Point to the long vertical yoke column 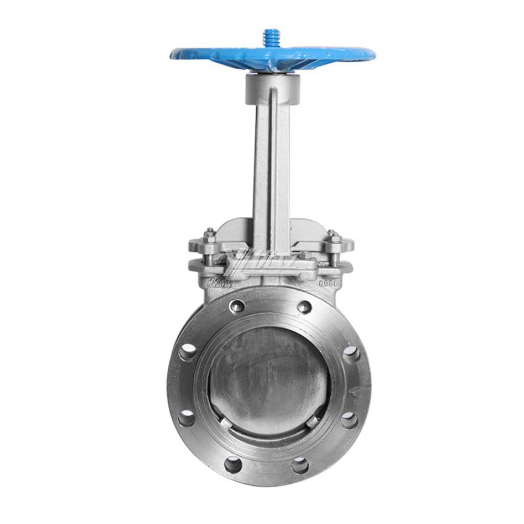click(x=271, y=168)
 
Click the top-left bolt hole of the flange click(x=237, y=306)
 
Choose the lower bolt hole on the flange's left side click(x=186, y=418)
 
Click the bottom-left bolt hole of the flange click(x=233, y=463)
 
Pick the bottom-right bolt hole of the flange click(x=300, y=464)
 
